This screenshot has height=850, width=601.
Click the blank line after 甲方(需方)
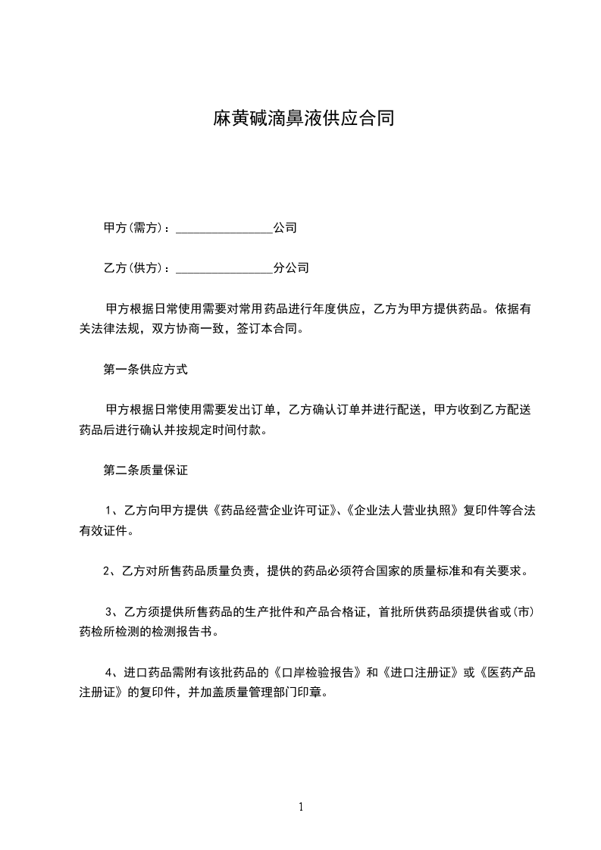224,228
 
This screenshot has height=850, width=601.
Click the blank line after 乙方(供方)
224,268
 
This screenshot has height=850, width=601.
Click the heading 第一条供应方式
146,370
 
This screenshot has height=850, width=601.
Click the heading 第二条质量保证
146,470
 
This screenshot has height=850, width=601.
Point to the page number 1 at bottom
301,808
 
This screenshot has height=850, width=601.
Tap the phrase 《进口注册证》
421,673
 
